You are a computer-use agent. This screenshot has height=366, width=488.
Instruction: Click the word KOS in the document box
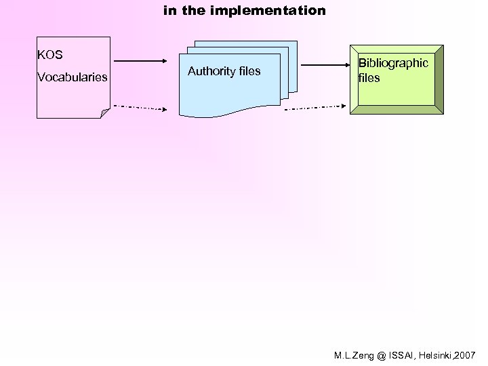tap(50, 55)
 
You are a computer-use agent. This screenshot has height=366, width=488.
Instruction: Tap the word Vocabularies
tap(73, 77)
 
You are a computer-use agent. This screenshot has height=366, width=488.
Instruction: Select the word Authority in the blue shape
tap(208, 71)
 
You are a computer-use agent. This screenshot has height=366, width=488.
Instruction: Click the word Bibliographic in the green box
tap(393, 63)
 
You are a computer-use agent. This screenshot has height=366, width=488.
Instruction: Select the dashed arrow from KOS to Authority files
tap(139, 107)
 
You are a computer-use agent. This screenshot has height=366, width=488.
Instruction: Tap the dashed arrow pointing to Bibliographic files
tap(316, 107)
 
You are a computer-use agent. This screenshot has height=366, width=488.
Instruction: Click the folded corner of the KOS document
tap(104, 113)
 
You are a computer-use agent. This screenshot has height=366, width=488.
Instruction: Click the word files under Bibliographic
tap(369, 78)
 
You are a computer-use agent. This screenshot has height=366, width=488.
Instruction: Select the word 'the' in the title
tap(192, 11)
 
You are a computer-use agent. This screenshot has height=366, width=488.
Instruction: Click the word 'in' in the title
tap(170, 11)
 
